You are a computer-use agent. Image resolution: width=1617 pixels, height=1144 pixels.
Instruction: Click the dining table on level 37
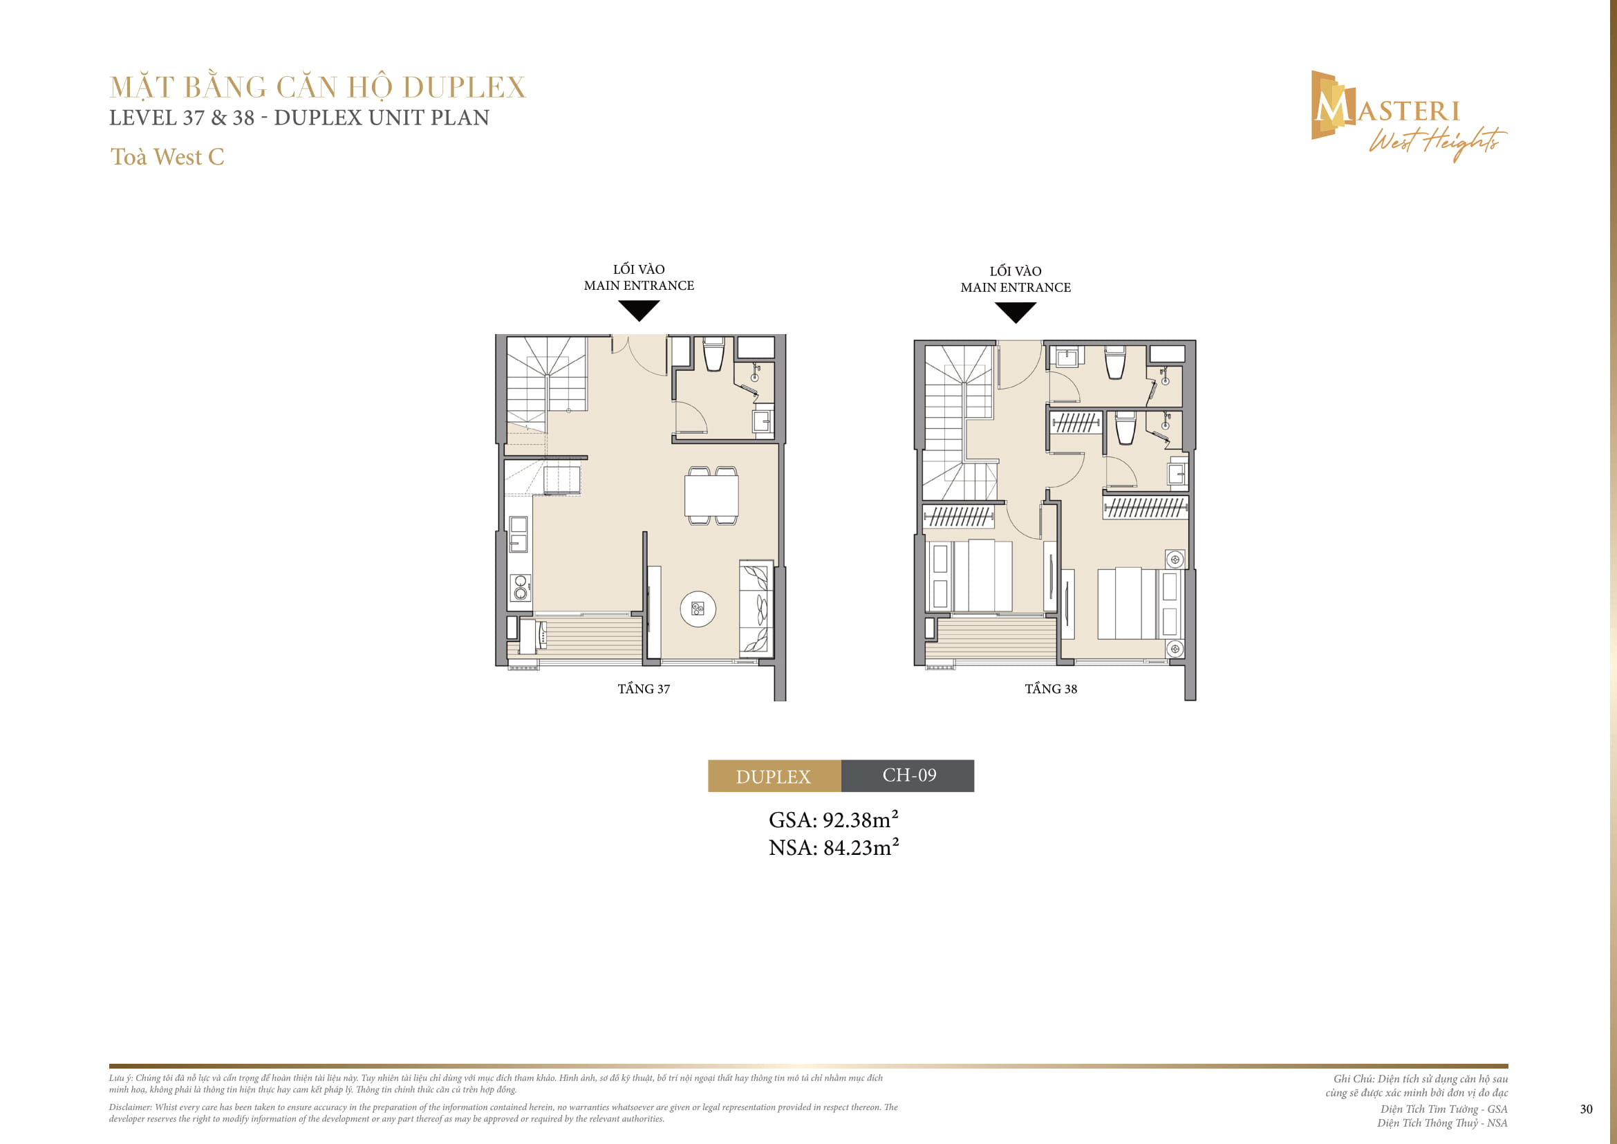[x=711, y=496]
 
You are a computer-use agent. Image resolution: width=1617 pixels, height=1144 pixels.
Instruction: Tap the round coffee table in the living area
[x=698, y=609]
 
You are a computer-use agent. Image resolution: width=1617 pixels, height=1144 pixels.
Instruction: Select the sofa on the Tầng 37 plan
[x=756, y=609]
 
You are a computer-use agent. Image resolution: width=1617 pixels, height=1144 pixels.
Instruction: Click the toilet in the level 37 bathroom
[x=713, y=355]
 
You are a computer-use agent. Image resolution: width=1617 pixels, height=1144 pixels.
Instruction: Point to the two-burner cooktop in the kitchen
[x=521, y=587]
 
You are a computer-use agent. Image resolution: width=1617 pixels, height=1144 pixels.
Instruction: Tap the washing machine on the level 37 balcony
[x=531, y=636]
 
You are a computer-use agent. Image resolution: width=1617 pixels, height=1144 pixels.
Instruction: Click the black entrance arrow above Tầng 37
[x=639, y=310]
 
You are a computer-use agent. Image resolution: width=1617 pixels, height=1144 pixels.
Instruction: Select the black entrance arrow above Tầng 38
[x=1016, y=312]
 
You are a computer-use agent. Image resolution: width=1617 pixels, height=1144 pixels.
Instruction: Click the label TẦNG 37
[x=644, y=689]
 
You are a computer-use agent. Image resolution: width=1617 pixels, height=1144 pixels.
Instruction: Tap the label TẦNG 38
[x=1051, y=689]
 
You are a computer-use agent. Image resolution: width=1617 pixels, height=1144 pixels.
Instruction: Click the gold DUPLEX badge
[x=774, y=775]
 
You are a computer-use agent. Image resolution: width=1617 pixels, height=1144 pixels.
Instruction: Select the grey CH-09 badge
[x=908, y=775]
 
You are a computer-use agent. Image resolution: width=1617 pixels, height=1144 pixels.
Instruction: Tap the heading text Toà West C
[x=167, y=157]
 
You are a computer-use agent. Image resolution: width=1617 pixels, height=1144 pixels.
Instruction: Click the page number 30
[x=1586, y=1109]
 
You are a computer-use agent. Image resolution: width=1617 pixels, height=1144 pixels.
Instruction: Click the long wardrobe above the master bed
[x=1145, y=507]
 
